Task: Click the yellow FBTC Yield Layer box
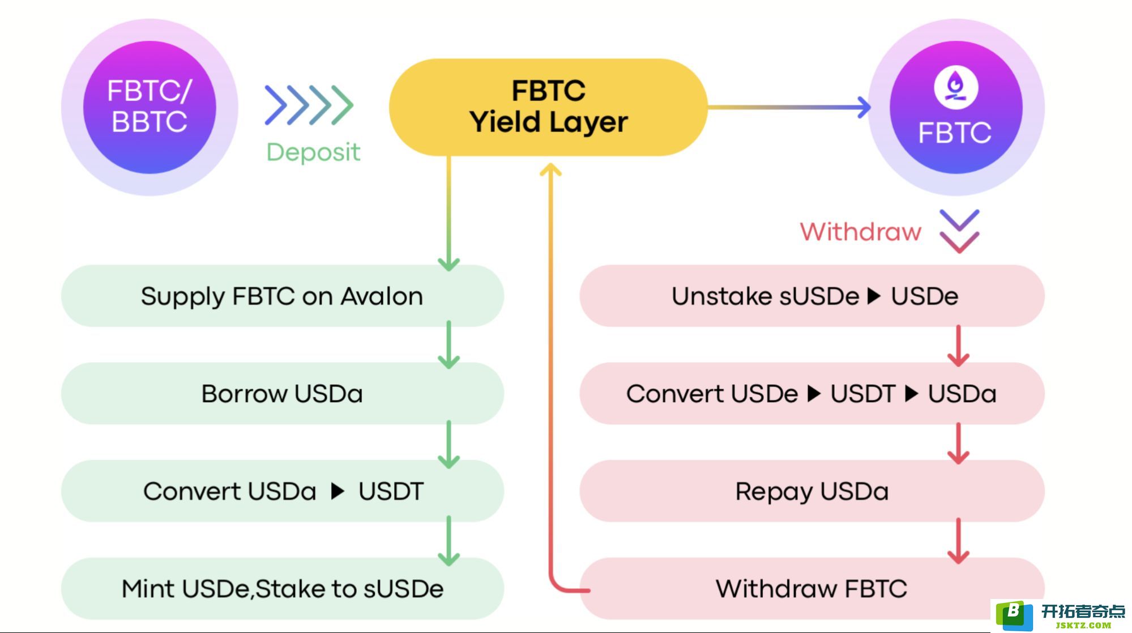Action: click(548, 107)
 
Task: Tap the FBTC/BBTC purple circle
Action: click(149, 107)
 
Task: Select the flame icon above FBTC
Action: click(956, 87)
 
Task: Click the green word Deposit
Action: click(313, 152)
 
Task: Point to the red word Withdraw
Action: click(860, 232)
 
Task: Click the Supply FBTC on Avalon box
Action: click(282, 296)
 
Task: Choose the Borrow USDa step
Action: click(282, 393)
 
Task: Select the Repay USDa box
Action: click(811, 491)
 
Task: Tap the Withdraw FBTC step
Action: click(811, 588)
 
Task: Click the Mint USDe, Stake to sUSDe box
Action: click(282, 588)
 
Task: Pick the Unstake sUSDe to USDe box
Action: click(811, 296)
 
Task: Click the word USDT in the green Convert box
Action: click(391, 491)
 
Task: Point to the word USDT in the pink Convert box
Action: click(863, 394)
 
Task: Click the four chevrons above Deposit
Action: click(309, 105)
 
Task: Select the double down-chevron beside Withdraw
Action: click(959, 231)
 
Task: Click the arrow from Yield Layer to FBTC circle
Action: click(789, 107)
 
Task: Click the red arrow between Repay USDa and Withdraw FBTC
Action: click(958, 541)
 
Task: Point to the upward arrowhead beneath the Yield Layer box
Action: click(550, 169)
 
